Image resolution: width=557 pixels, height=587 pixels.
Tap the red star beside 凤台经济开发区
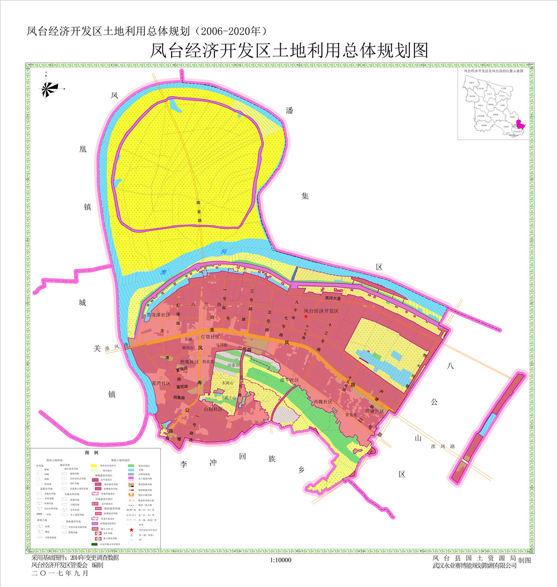[305, 317]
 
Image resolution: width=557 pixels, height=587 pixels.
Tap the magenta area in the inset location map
[521, 126]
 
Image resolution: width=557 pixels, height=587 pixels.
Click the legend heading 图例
[90, 453]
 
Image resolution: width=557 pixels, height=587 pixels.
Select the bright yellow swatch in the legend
[95, 464]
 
